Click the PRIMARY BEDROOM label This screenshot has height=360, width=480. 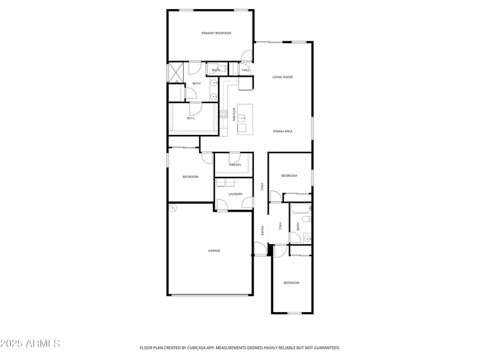(x=216, y=33)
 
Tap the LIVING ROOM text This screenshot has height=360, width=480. (x=282, y=77)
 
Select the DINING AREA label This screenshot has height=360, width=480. (x=282, y=131)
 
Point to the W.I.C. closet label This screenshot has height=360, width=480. (x=191, y=118)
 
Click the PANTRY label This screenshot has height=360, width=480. (x=235, y=164)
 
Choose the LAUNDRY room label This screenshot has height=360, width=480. (x=235, y=194)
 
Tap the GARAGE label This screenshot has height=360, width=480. (x=214, y=250)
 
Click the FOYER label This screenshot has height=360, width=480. (x=262, y=231)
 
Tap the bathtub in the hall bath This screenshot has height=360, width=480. (x=301, y=210)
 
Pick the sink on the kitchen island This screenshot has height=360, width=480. (x=242, y=118)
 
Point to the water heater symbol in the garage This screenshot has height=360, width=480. (x=173, y=208)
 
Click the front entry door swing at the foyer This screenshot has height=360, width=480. (x=260, y=248)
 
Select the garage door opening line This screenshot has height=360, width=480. (x=210, y=295)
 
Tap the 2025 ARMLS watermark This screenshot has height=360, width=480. (x=30, y=344)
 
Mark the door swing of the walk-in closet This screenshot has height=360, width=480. (x=194, y=109)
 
